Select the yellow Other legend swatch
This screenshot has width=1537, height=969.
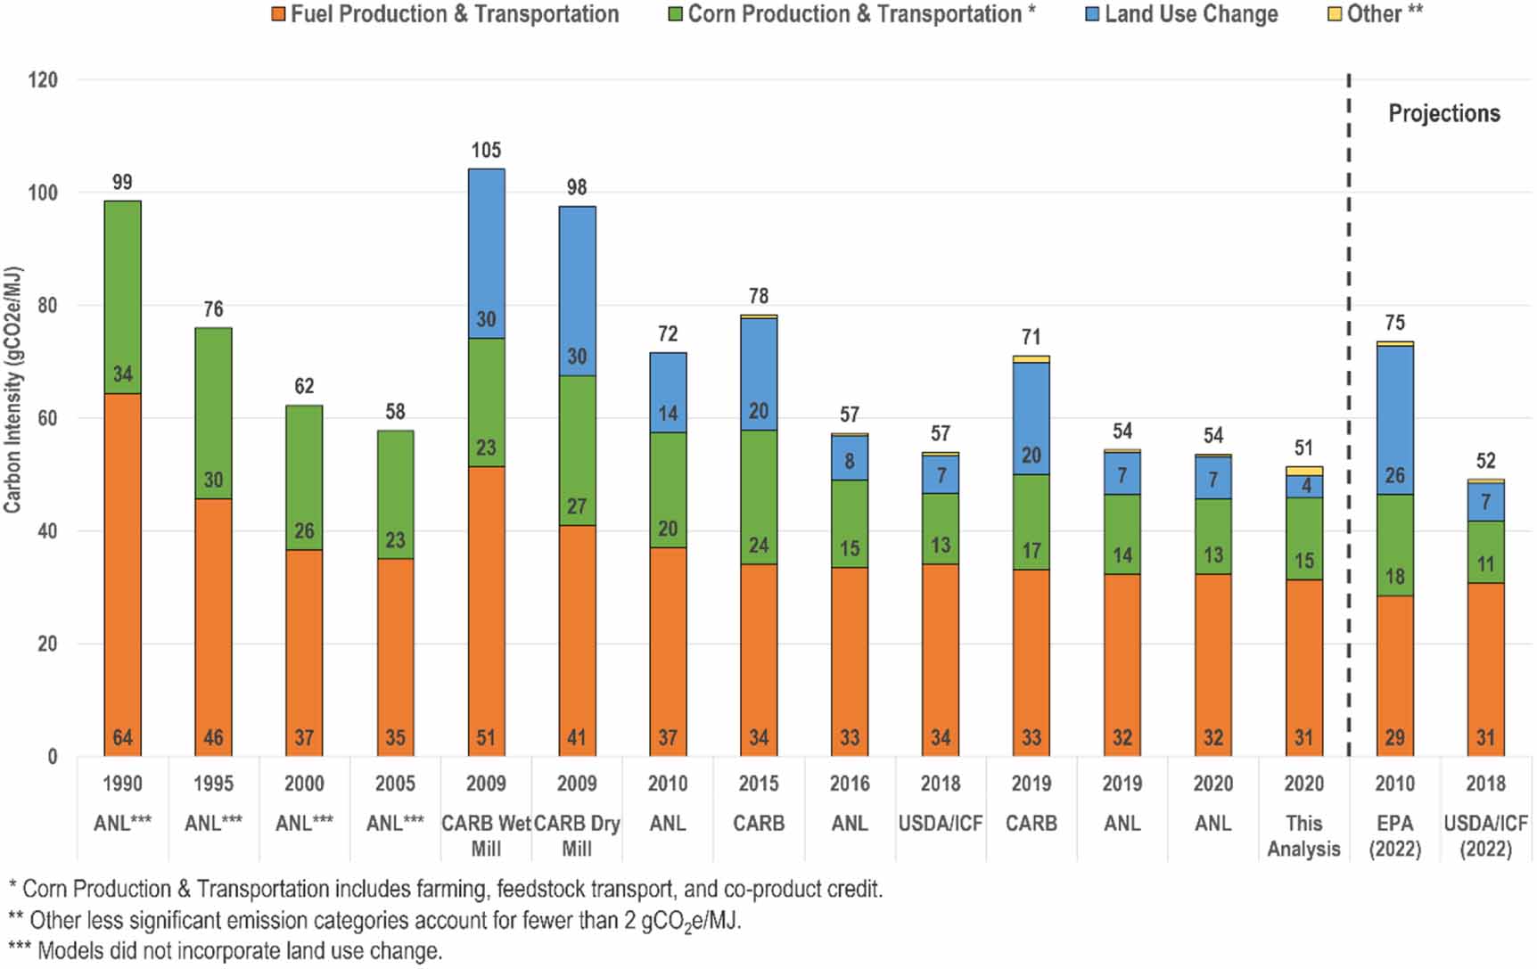(1335, 14)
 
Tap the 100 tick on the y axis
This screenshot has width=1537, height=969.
(42, 193)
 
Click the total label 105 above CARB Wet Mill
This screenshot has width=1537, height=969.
(486, 150)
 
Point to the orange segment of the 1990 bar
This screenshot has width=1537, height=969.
(122, 571)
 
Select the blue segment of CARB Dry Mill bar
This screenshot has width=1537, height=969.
(577, 290)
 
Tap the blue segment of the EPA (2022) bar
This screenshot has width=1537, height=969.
(1394, 419)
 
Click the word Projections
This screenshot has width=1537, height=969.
(1443, 113)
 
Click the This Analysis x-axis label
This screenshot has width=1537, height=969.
(1303, 835)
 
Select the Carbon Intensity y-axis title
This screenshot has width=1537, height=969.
(12, 390)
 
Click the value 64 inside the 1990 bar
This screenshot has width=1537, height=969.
(122, 737)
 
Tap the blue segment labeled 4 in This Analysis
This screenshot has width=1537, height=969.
(1303, 486)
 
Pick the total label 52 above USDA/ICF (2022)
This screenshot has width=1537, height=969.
(1485, 461)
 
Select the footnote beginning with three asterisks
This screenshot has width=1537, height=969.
(225, 950)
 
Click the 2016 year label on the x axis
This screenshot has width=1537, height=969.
(850, 784)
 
